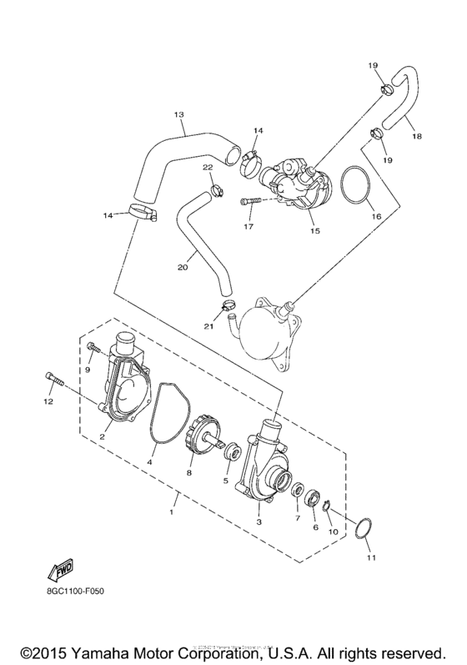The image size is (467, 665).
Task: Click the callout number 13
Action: pyautogui.click(x=178, y=114)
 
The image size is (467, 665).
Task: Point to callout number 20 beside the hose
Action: pyautogui.click(x=183, y=267)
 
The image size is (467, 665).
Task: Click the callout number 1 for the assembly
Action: pyautogui.click(x=173, y=511)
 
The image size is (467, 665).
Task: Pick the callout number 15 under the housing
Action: pyautogui.click(x=314, y=230)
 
